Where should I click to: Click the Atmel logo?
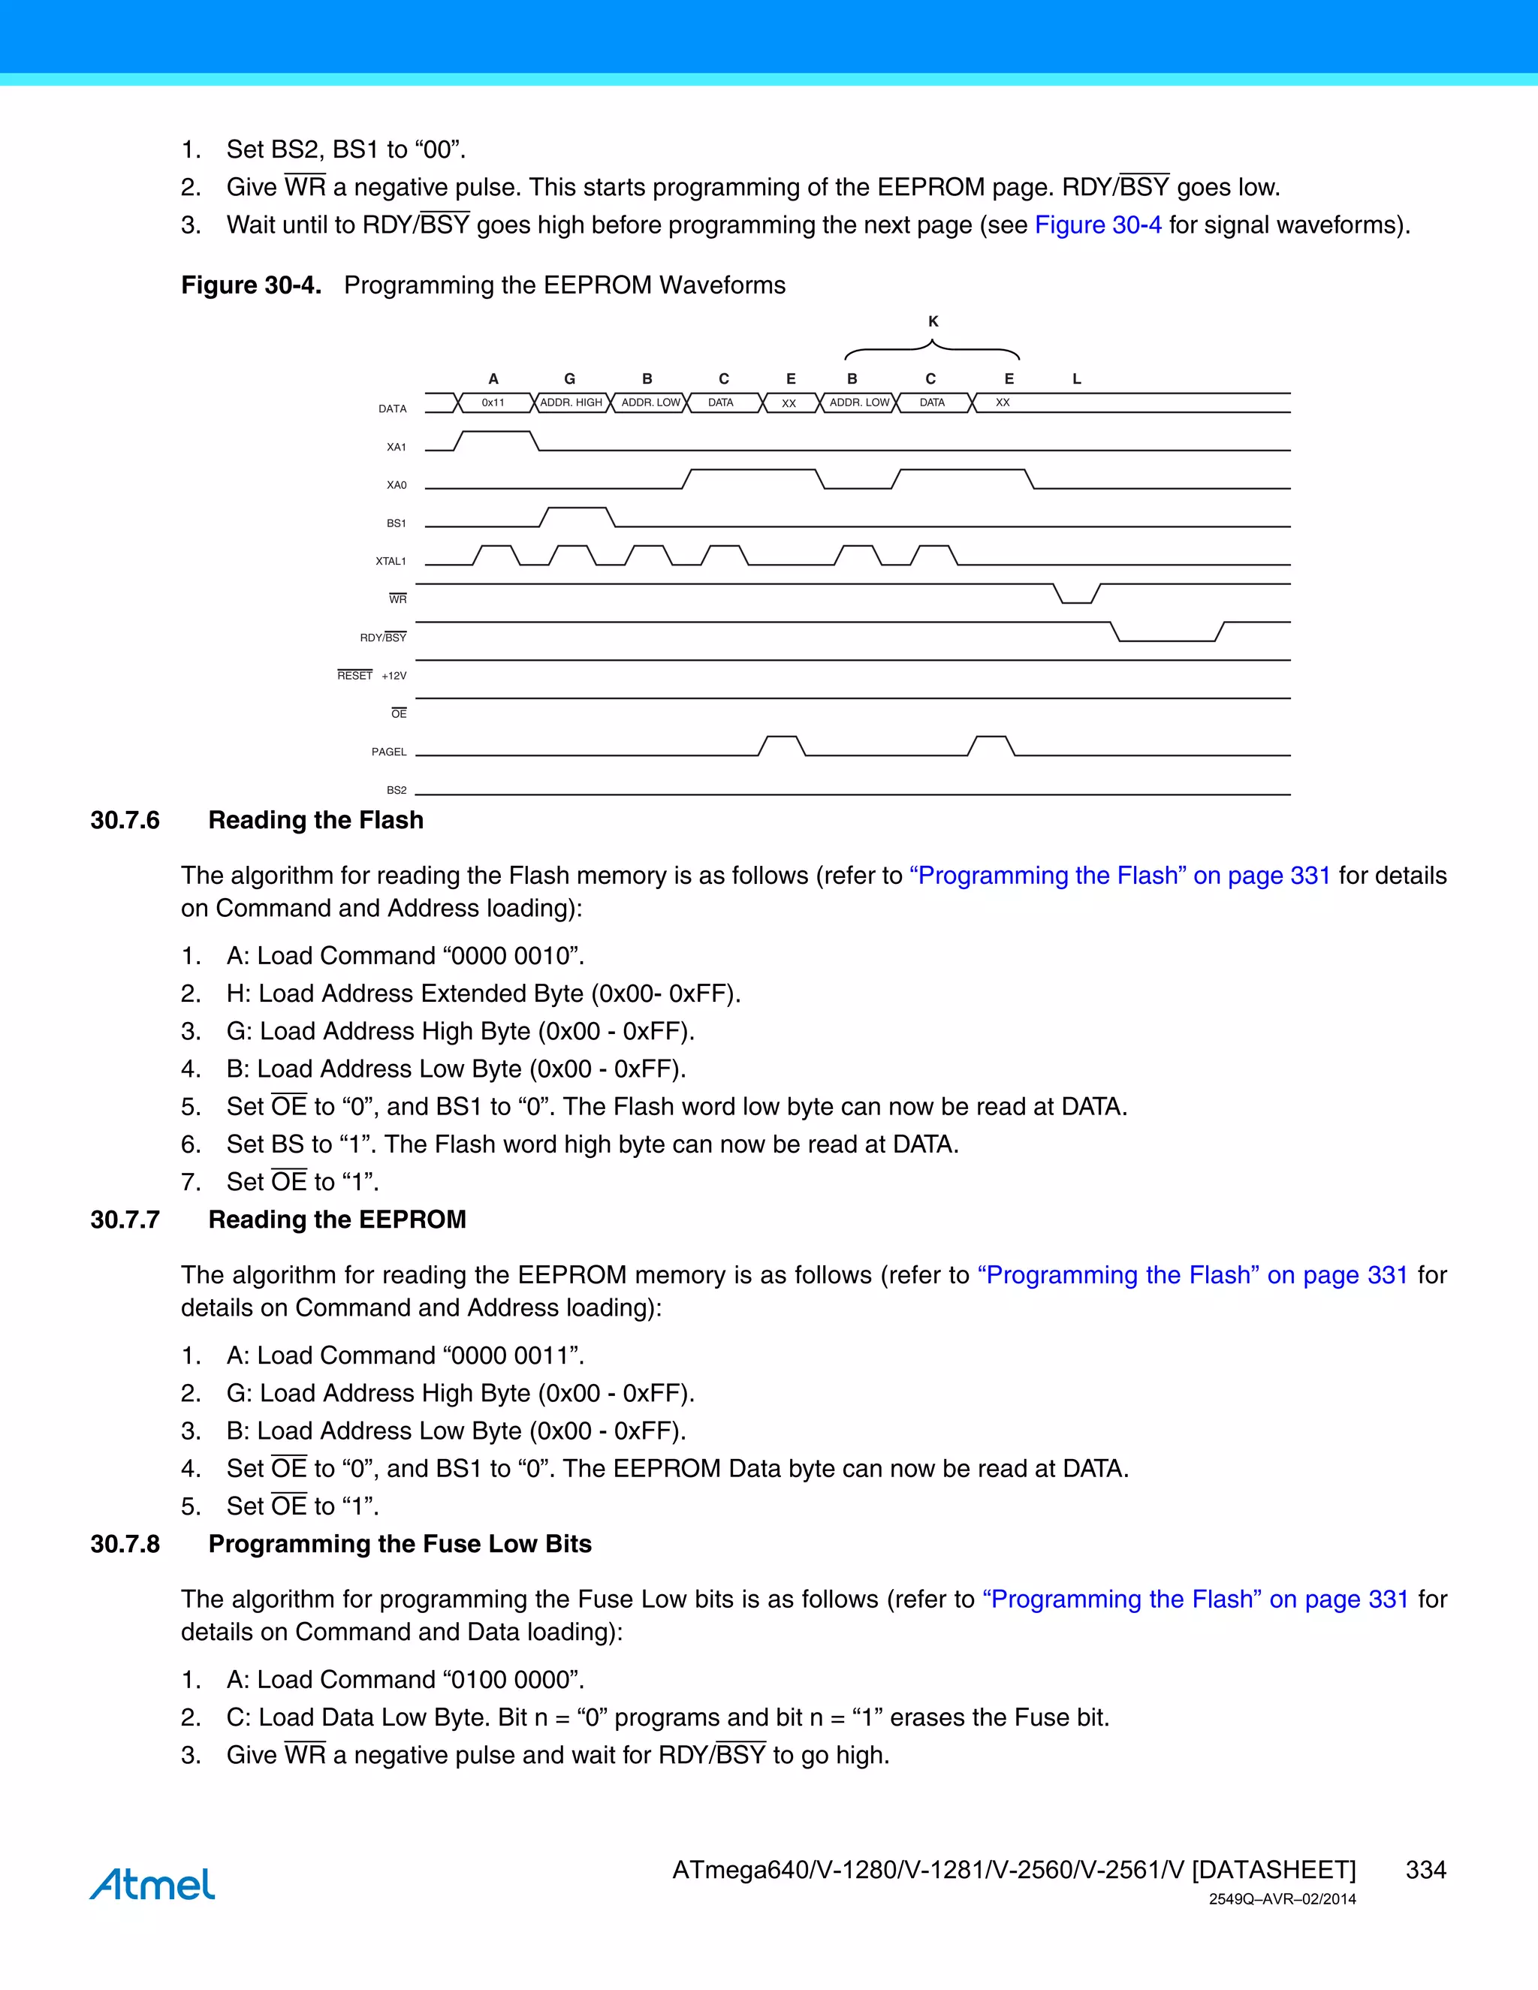(x=152, y=1884)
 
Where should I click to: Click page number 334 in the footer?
(x=1425, y=1870)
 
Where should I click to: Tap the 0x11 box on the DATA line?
(x=493, y=403)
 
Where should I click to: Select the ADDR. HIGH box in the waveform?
(x=571, y=403)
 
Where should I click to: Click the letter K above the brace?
(x=933, y=321)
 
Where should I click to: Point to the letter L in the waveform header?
(x=1076, y=379)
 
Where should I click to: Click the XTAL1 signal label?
(x=391, y=561)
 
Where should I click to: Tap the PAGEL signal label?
(x=389, y=752)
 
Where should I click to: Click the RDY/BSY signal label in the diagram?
(x=383, y=638)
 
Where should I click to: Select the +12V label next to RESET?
(x=394, y=676)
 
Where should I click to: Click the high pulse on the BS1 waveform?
(x=577, y=510)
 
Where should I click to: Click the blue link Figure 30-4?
(x=1098, y=225)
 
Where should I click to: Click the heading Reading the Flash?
(x=315, y=820)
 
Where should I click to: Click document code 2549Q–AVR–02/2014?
(x=1282, y=1900)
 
